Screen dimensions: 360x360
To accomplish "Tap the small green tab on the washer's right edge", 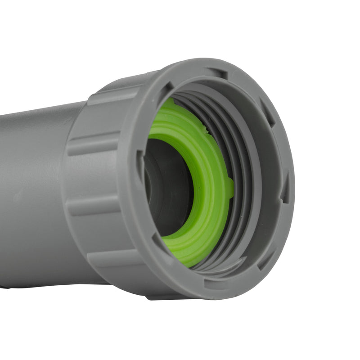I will pyautogui.click(x=230, y=188).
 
